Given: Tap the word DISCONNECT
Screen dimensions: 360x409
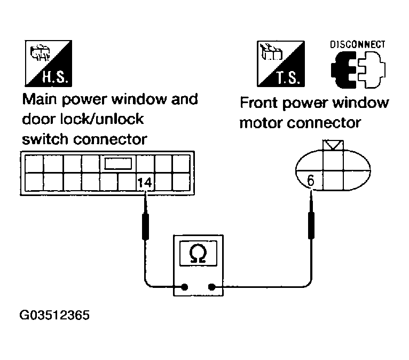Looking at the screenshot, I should (x=357, y=45).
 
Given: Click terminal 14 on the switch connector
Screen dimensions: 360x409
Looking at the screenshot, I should (x=145, y=182).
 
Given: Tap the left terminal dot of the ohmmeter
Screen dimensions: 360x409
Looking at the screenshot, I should (x=185, y=287).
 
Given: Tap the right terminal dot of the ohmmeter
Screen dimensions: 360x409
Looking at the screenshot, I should (x=213, y=287).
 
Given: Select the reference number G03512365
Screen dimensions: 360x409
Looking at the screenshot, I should (x=54, y=315).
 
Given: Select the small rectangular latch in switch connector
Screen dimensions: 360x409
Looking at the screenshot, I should (x=117, y=163).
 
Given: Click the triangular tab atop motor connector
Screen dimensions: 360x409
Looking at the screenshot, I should (x=334, y=144).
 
